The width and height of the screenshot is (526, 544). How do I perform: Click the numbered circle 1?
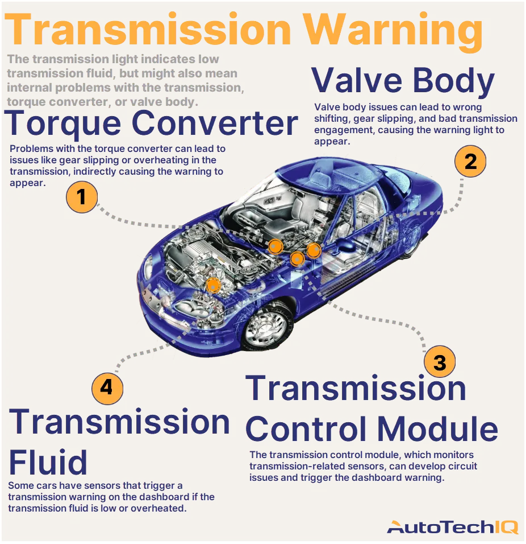click(82, 197)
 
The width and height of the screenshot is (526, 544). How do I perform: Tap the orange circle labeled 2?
click(470, 162)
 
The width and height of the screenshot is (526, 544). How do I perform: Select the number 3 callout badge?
click(440, 362)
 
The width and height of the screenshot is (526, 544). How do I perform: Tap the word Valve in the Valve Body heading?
click(356, 81)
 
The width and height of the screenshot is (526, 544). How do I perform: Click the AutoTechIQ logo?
click(452, 527)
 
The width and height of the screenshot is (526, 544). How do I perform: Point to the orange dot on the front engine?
click(213, 286)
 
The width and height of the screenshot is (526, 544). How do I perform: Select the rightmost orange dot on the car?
click(314, 249)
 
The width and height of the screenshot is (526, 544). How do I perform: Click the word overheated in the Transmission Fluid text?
click(160, 508)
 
